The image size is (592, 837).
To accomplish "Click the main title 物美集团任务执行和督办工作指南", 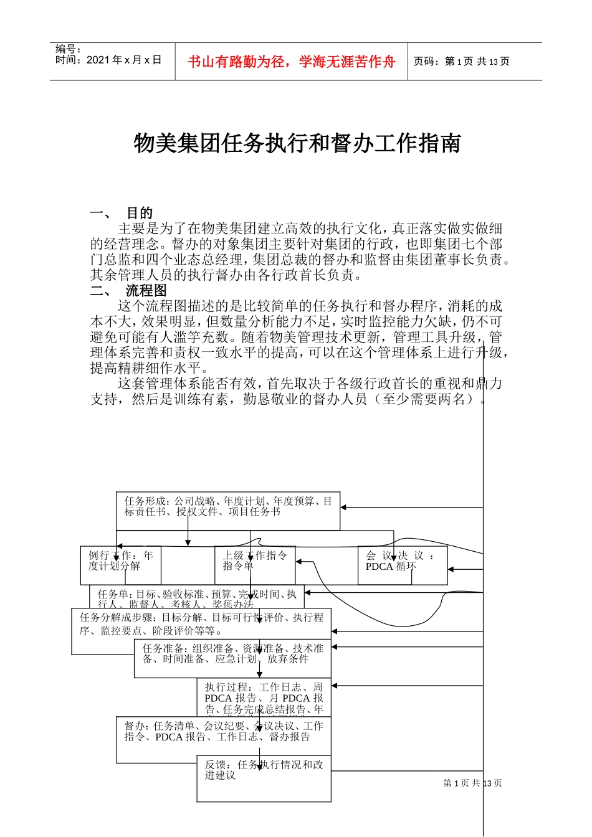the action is tap(297, 143).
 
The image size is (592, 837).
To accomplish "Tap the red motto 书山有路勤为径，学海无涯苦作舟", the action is tap(292, 62).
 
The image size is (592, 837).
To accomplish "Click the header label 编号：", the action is tap(69, 49).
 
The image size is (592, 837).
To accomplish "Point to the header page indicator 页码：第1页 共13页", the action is tap(461, 61).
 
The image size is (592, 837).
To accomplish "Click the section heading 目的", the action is tap(140, 213).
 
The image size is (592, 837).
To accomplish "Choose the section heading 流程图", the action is tap(146, 291).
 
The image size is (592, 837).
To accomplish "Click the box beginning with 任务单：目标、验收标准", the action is tap(197, 596).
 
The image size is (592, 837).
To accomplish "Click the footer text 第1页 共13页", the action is tap(472, 783).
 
